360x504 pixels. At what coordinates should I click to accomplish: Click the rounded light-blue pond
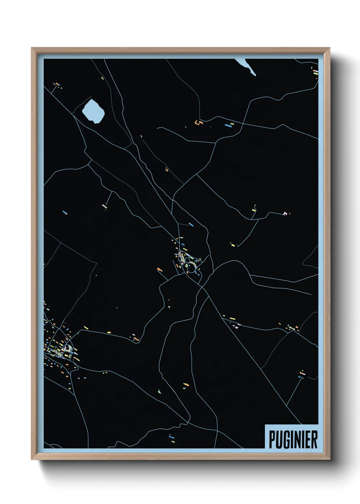click(x=93, y=111)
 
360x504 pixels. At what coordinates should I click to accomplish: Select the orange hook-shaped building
click(x=198, y=122)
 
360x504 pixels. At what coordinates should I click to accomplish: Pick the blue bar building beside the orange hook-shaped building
click(x=228, y=125)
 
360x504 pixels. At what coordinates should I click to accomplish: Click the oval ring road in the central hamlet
click(x=191, y=268)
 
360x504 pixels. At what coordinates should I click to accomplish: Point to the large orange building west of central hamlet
click(x=160, y=270)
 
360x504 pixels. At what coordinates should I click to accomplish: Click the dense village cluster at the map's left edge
click(x=60, y=347)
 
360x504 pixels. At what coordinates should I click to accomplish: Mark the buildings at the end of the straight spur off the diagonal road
click(x=302, y=375)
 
